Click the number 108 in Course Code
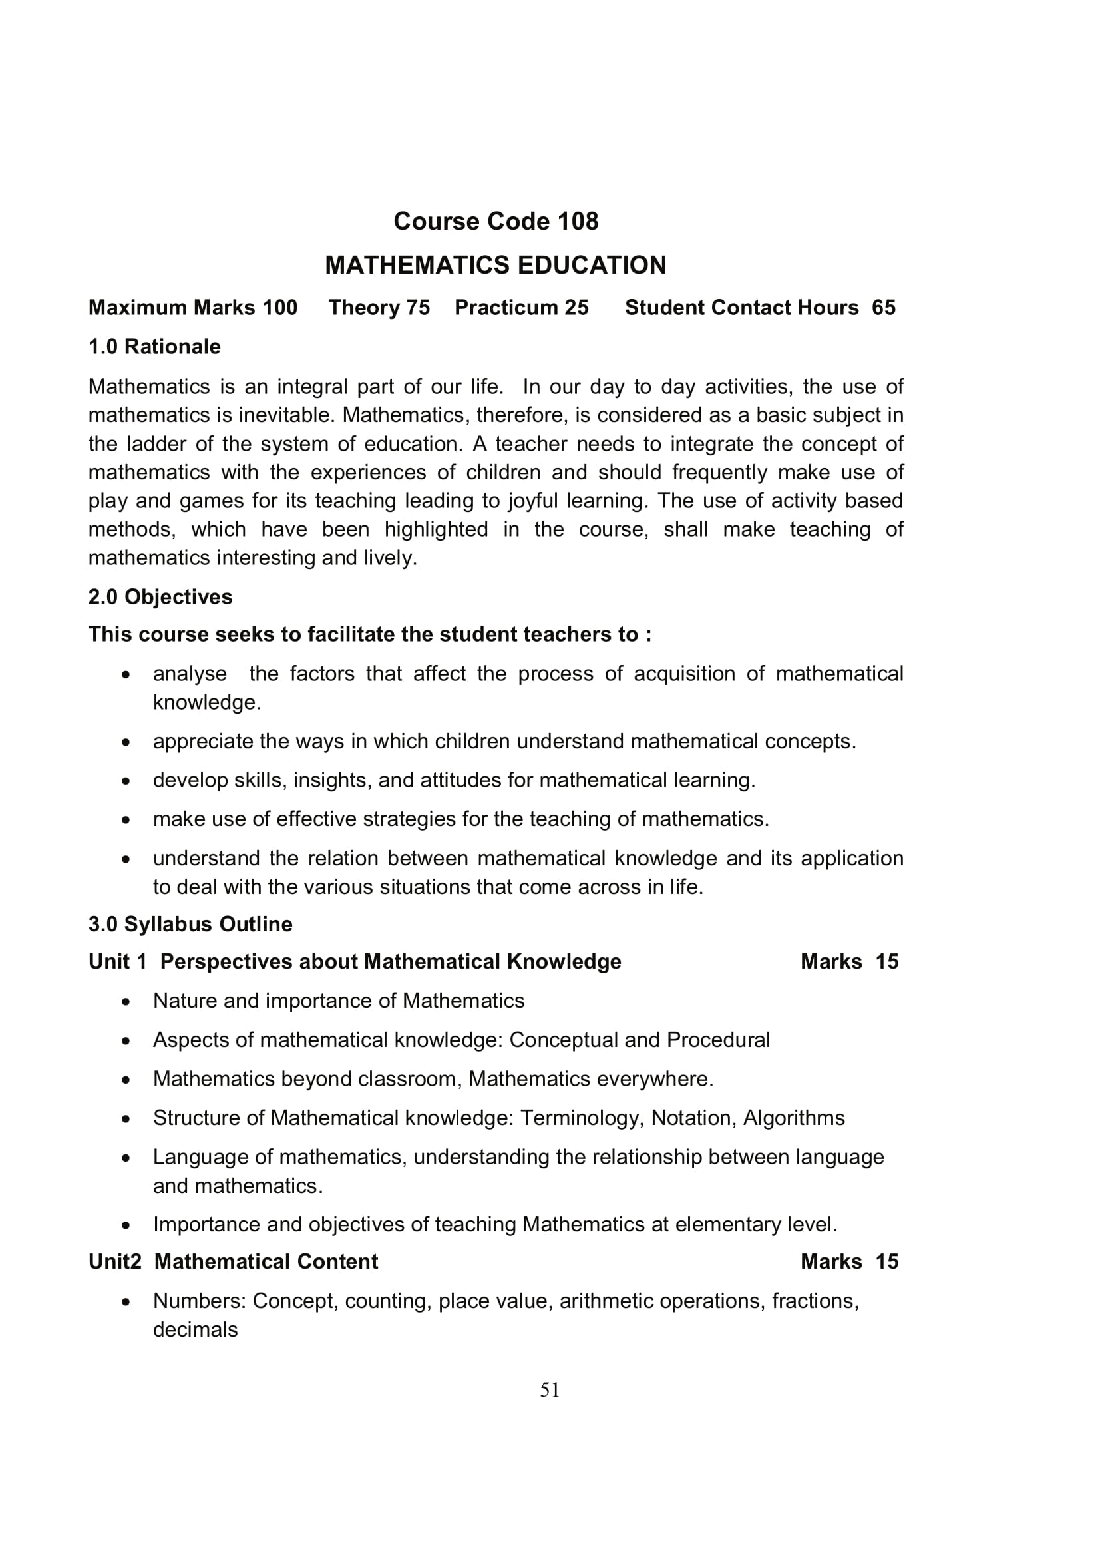pyautogui.click(x=578, y=222)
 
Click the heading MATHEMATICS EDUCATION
pyautogui.click(x=496, y=265)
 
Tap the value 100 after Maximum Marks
pyautogui.click(x=281, y=308)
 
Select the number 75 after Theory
pyautogui.click(x=418, y=308)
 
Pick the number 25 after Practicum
pyautogui.click(x=577, y=308)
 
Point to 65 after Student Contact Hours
pyautogui.click(x=884, y=308)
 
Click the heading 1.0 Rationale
pyautogui.click(x=154, y=347)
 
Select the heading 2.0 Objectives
pyautogui.click(x=160, y=597)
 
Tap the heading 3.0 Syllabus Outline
pyautogui.click(x=190, y=925)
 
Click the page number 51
pyautogui.click(x=550, y=1390)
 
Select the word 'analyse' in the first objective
pyautogui.click(x=190, y=674)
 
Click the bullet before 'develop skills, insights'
pyautogui.click(x=125, y=781)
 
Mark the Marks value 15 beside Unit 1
pyautogui.click(x=886, y=962)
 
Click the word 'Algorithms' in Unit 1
pyautogui.click(x=794, y=1118)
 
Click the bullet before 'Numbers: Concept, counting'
pyautogui.click(x=125, y=1302)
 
